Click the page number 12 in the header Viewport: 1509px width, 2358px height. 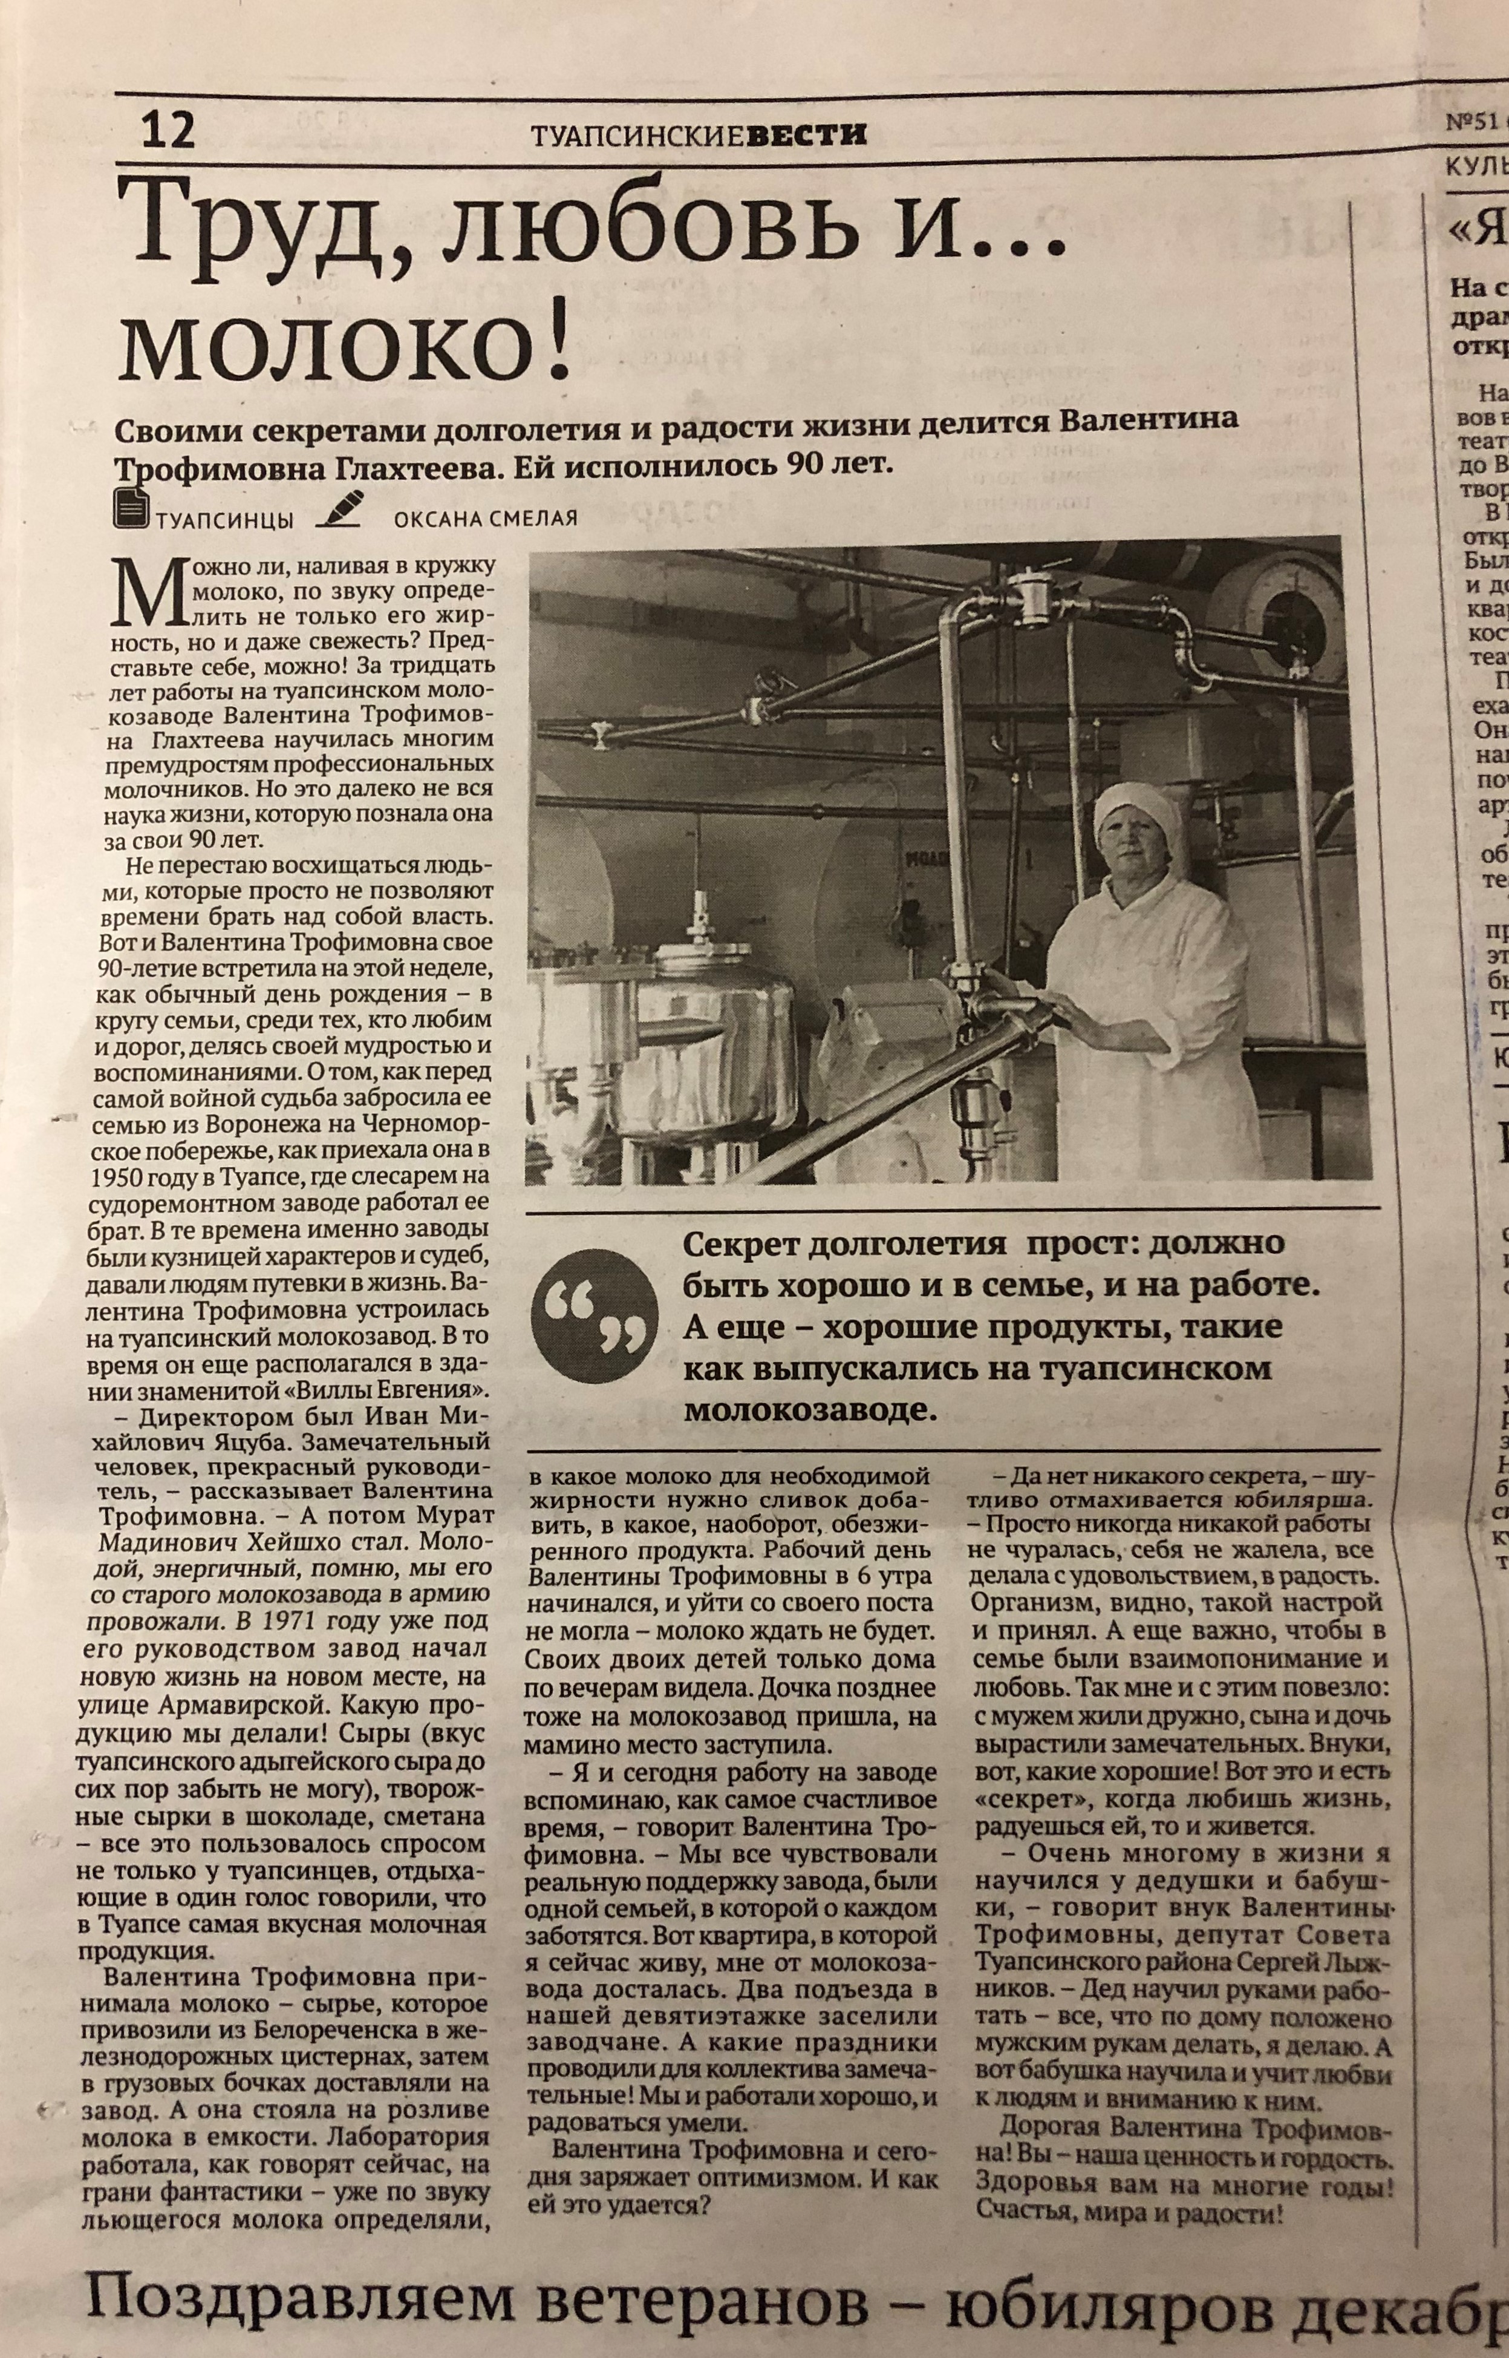click(x=169, y=129)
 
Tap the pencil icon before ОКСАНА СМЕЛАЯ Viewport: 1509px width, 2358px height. click(x=337, y=506)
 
